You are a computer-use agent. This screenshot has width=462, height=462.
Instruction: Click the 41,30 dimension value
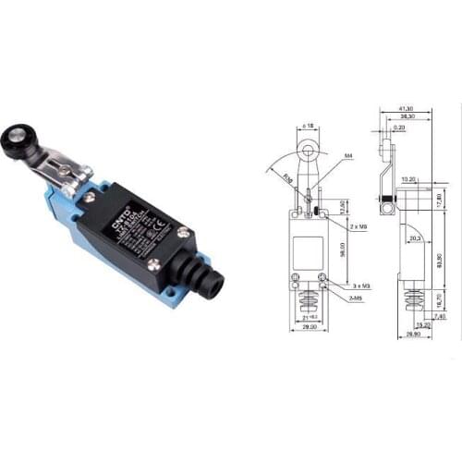[x=404, y=109]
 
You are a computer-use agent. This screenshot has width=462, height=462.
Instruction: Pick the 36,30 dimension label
[x=404, y=117]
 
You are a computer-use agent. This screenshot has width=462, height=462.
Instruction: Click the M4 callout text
[x=346, y=157]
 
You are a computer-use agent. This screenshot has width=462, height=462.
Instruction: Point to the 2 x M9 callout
[x=355, y=226]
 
